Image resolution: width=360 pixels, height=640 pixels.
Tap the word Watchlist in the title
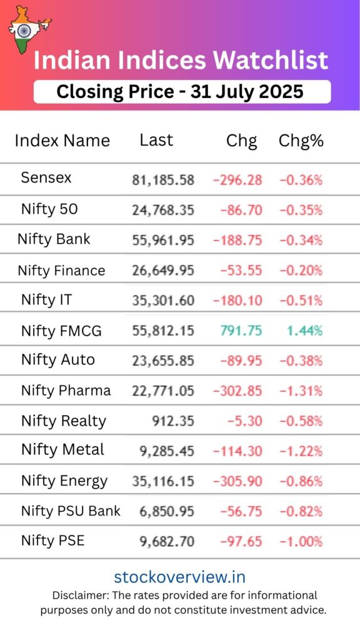[271, 61]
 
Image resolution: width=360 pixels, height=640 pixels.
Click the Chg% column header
[301, 141]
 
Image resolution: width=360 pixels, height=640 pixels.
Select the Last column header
[156, 140]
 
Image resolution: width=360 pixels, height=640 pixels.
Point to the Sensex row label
[46, 177]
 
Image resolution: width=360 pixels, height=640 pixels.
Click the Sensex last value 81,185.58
[163, 181]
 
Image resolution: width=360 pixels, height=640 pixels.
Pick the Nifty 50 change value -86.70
[241, 210]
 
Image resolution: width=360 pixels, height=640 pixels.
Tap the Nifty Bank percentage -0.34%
[301, 240]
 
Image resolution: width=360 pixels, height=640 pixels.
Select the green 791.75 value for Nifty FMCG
[241, 331]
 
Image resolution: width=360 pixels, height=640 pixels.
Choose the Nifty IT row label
[46, 300]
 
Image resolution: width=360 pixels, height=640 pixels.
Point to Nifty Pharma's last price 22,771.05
[163, 391]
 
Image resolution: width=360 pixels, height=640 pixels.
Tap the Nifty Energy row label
[64, 481]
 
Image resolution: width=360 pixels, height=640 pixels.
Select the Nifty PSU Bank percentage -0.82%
[301, 512]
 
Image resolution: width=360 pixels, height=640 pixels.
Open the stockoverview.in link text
[179, 577]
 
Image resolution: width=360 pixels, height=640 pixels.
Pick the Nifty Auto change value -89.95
[241, 361]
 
